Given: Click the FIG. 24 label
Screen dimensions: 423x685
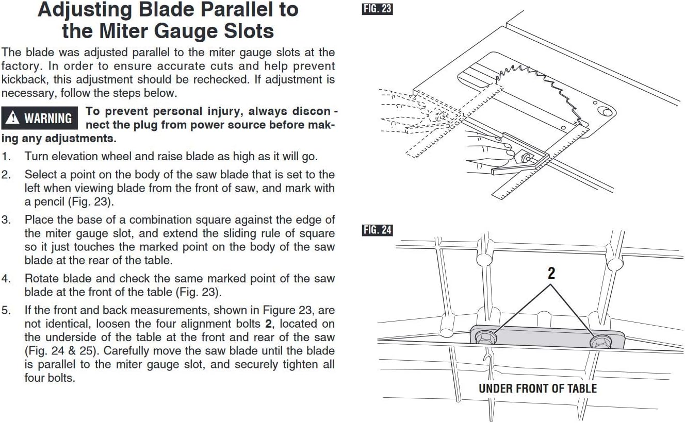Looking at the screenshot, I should (x=378, y=230).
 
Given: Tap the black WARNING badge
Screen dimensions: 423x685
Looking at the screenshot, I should (x=40, y=118).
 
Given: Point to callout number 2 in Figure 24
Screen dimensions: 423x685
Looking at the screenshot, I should (x=551, y=273).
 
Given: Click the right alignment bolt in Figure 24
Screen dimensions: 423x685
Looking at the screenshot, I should (x=600, y=341).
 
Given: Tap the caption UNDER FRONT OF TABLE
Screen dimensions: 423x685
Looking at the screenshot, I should (x=537, y=388).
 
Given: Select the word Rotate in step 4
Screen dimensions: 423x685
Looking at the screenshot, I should (x=42, y=279).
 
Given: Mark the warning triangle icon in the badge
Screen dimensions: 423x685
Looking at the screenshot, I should (x=13, y=118).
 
